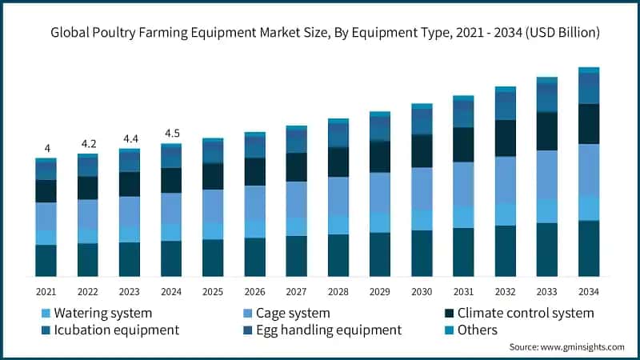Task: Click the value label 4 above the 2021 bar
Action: [x=46, y=148]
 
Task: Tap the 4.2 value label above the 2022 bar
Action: [x=88, y=144]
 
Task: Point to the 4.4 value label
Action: [x=130, y=138]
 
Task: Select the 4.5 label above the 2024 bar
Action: [x=171, y=133]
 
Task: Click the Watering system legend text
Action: [x=101, y=313]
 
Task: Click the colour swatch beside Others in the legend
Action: [x=449, y=330]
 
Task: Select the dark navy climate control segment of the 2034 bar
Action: [x=589, y=124]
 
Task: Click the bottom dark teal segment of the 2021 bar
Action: [x=46, y=260]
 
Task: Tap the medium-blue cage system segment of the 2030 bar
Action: [x=422, y=189]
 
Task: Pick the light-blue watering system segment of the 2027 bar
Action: [x=297, y=226]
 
